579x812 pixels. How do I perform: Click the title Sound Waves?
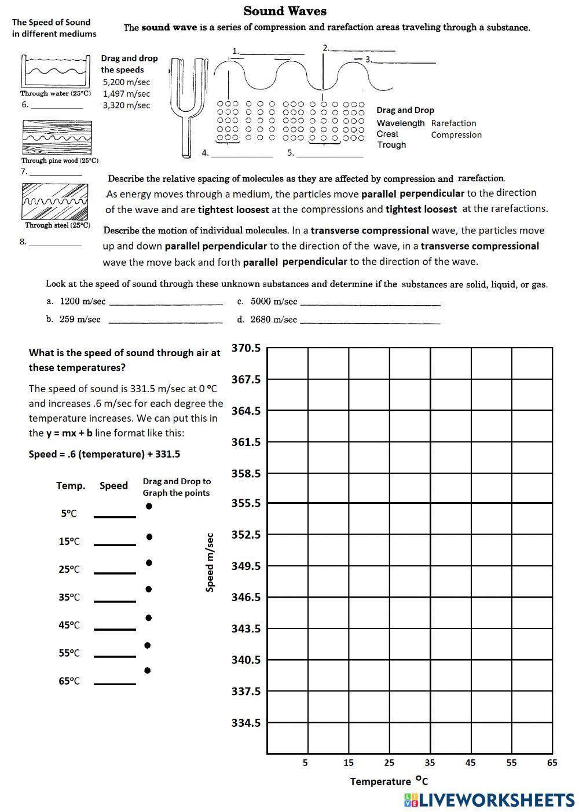[x=285, y=11]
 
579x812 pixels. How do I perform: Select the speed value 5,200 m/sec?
[x=126, y=82]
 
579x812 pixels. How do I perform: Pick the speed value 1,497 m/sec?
[x=126, y=94]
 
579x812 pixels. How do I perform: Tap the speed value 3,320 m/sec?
[x=126, y=105]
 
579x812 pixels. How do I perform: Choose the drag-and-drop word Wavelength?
[x=401, y=123]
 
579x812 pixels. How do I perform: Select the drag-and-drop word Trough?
[x=391, y=145]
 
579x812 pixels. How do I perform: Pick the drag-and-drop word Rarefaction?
[x=453, y=123]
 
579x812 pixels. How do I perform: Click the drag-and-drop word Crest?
[x=387, y=134]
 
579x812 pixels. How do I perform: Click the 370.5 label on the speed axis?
[x=246, y=348]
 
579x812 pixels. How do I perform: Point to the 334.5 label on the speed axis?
[x=246, y=723]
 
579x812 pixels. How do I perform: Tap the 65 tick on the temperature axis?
[x=552, y=763]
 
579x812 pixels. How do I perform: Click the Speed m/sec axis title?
[x=210, y=562]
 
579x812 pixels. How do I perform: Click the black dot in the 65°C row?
[x=148, y=671]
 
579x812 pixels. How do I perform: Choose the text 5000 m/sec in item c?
[x=274, y=302]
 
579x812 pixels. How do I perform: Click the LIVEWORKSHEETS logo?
[x=489, y=800]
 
